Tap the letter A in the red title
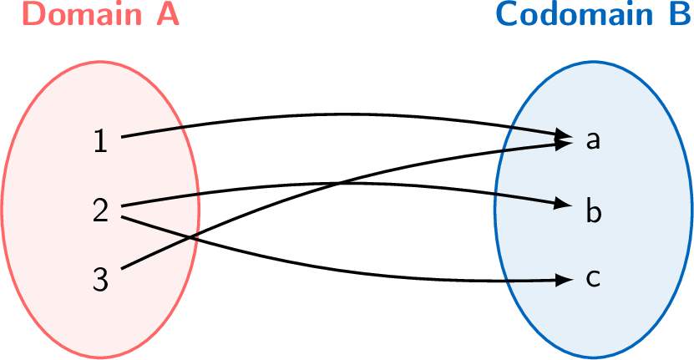[x=168, y=14]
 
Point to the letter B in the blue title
[x=678, y=14]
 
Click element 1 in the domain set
[x=100, y=141]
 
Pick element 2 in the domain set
[x=100, y=210]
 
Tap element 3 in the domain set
[x=100, y=280]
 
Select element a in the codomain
[x=593, y=140]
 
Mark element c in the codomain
[x=593, y=278]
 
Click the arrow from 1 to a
[x=334, y=114]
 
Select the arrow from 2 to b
[x=418, y=185]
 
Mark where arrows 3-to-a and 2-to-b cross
[x=336, y=183]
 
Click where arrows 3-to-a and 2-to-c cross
[x=191, y=237]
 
